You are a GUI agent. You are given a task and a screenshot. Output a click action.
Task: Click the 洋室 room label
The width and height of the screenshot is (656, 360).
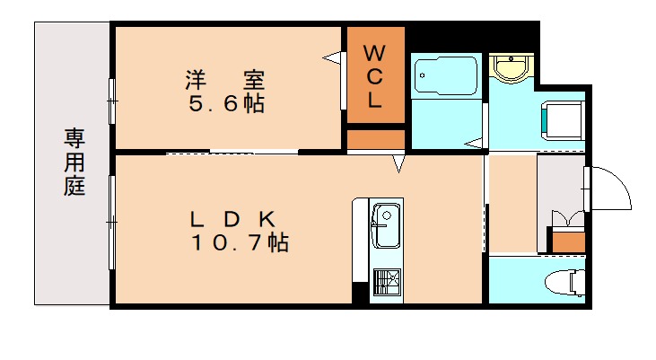[224, 79]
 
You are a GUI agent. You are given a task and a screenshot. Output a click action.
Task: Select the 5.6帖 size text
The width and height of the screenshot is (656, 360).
[225, 103]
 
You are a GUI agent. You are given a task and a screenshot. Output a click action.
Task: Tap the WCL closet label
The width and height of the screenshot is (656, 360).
[374, 75]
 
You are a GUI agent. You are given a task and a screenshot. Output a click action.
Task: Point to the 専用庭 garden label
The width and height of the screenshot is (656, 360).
[74, 162]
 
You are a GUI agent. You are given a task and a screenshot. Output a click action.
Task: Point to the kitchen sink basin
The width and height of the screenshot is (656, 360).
[387, 225]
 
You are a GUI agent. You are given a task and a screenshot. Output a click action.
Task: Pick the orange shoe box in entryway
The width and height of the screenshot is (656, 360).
[566, 241]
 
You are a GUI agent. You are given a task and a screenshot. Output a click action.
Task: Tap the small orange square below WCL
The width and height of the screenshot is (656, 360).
[375, 139]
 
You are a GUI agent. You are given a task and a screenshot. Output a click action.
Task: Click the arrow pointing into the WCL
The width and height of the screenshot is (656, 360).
[336, 59]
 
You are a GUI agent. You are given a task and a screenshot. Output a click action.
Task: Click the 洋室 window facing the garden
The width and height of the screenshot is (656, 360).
[112, 100]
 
